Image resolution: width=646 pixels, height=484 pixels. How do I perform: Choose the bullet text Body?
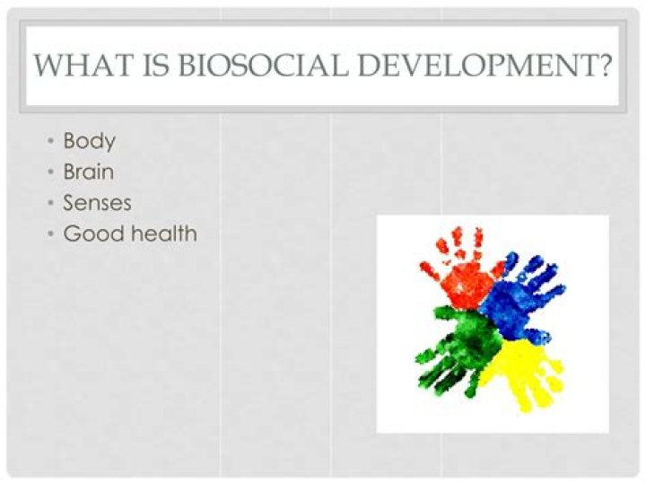coord(89,141)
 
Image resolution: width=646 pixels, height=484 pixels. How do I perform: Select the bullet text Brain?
coord(88,172)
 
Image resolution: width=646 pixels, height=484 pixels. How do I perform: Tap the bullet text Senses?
coord(97,203)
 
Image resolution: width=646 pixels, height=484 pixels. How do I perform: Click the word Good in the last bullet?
coord(91,234)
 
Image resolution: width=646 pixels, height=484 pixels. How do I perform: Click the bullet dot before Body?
coord(52,142)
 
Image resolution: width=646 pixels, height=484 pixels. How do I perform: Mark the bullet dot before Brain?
coord(52,172)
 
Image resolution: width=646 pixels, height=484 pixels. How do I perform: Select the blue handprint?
coord(520,292)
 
